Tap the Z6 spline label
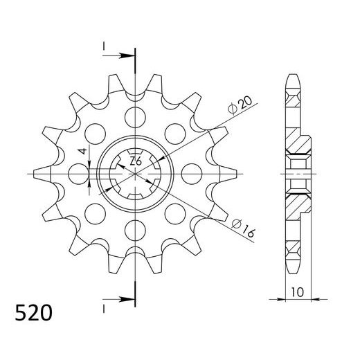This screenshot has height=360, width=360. [137, 162]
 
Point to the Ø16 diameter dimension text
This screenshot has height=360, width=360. [242, 229]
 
